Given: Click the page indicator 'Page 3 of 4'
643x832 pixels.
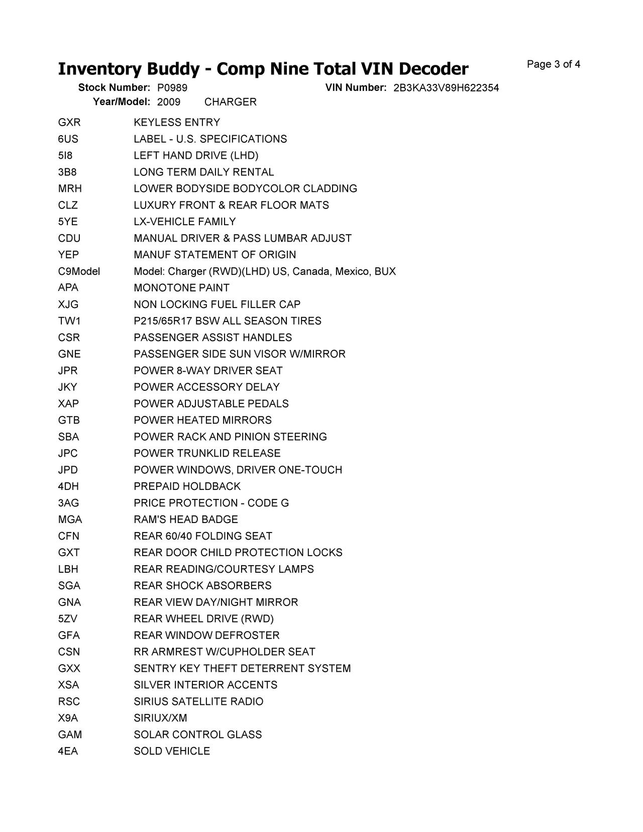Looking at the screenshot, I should click(553, 64).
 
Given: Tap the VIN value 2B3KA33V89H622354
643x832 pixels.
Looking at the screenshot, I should click(446, 88).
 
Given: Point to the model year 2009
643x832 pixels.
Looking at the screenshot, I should click(169, 102).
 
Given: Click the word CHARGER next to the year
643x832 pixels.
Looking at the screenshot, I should click(231, 102).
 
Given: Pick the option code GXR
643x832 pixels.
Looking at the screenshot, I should click(69, 123).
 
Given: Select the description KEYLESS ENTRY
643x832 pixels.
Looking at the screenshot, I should click(177, 123).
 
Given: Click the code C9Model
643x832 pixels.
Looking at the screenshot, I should click(79, 271).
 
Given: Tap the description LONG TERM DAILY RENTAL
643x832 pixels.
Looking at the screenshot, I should click(204, 172).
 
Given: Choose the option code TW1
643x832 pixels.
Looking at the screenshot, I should click(69, 321).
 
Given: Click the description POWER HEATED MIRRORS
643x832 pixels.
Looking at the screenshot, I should click(202, 420).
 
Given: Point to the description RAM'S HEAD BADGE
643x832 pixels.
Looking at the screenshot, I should click(186, 519).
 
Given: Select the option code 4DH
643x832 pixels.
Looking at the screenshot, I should click(68, 486).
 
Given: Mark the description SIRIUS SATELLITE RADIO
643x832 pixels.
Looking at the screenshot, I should click(198, 701).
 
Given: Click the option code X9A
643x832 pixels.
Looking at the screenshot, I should click(68, 718).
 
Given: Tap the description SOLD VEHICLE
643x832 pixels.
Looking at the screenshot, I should click(172, 751).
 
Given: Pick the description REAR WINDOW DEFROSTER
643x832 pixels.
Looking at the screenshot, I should click(206, 636).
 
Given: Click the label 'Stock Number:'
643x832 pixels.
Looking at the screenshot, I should click(114, 88).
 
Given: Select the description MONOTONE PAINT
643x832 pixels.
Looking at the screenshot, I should click(181, 288).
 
